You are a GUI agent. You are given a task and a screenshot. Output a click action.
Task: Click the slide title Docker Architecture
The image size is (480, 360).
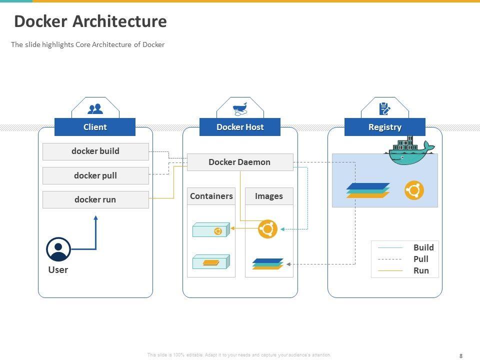click(x=90, y=21)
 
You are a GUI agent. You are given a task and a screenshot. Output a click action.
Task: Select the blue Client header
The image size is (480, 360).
click(x=95, y=127)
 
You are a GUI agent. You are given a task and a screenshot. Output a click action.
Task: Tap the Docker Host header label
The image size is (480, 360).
click(x=240, y=127)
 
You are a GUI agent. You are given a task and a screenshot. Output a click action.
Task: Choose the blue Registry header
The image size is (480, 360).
click(x=385, y=127)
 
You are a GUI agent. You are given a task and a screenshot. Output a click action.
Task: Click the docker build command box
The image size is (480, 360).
click(x=95, y=151)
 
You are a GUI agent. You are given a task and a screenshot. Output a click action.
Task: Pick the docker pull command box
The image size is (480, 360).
click(x=95, y=175)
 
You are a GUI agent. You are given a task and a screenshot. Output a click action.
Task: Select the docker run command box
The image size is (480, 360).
click(x=95, y=199)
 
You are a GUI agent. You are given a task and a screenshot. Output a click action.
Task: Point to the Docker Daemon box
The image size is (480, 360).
click(x=239, y=162)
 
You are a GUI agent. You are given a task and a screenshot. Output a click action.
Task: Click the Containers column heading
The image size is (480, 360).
click(x=211, y=196)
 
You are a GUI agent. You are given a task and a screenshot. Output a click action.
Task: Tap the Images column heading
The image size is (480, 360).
click(x=269, y=196)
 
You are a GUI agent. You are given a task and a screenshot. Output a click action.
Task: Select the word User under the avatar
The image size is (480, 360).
click(x=58, y=270)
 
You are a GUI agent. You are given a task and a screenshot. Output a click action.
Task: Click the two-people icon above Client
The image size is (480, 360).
click(x=95, y=108)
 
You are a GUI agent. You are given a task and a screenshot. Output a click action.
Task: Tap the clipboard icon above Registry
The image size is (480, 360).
click(x=385, y=108)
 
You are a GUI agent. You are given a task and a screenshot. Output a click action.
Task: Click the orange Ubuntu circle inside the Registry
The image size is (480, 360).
click(x=414, y=190)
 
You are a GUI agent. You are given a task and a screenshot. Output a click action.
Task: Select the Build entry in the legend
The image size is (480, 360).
click(x=423, y=247)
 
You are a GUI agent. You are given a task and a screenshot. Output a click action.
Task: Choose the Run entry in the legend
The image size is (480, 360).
click(x=421, y=270)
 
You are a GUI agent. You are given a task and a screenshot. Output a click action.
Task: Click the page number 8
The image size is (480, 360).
click(x=460, y=355)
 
